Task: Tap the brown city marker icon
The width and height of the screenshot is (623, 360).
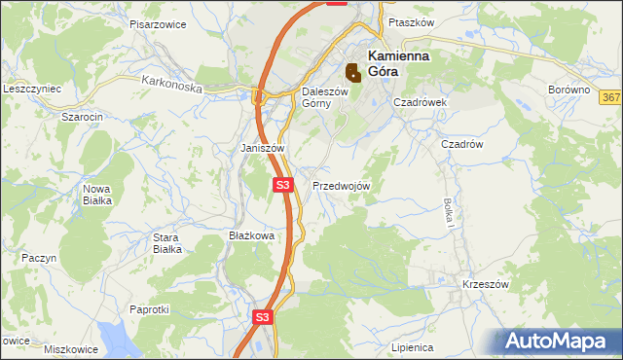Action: [x=353, y=71]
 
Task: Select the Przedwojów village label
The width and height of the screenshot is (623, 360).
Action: [x=341, y=186]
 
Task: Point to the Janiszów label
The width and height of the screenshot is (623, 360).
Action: [x=262, y=148]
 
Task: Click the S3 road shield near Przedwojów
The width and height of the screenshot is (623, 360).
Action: [x=282, y=184]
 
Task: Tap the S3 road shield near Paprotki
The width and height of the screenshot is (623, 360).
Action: [x=262, y=317]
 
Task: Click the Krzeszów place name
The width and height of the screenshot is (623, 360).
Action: [x=486, y=284]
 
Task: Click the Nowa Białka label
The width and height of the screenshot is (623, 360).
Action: [x=97, y=194]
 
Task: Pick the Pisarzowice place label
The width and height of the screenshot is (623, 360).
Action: [x=157, y=22]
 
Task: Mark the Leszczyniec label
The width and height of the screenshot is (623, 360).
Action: [x=32, y=88]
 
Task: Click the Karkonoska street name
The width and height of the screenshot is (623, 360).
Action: [x=170, y=86]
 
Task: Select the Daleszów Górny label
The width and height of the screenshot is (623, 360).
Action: [x=317, y=97]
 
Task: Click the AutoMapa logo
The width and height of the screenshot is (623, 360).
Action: [x=558, y=342]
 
